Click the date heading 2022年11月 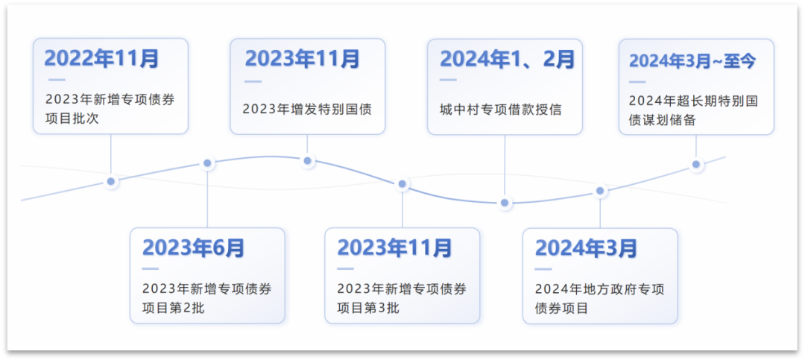[101, 58]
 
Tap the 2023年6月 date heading [193, 247]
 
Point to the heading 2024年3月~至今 [692, 60]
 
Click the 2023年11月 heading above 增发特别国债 [302, 58]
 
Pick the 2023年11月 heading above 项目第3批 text [394, 247]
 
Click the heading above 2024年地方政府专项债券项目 [586, 247]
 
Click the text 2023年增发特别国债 [306, 109]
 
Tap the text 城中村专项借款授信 [500, 109]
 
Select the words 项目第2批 [173, 307]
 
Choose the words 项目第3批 [367, 307]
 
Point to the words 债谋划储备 [662, 119]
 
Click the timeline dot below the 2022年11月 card [111, 181]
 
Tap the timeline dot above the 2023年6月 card [208, 163]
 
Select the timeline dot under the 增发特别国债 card [308, 160]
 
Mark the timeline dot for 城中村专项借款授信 [505, 203]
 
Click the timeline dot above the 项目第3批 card [402, 183]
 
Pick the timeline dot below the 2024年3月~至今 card [696, 165]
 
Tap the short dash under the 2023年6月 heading [151, 268]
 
